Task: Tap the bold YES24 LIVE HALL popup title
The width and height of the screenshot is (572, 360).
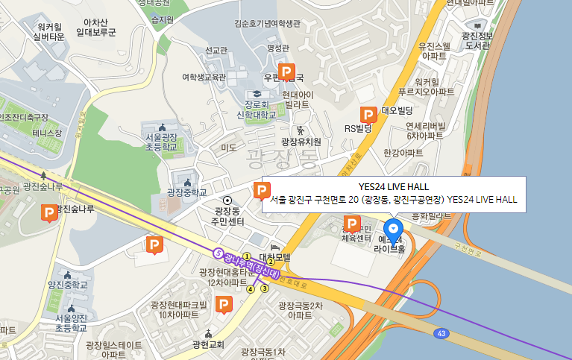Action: tap(393, 186)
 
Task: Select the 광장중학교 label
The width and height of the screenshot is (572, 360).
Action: tap(186, 192)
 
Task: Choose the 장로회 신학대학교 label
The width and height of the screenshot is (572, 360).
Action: tap(256, 110)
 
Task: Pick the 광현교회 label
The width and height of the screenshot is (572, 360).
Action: tap(208, 344)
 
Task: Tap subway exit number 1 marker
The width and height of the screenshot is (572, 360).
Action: tap(247, 256)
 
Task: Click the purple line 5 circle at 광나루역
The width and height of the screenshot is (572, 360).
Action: tap(218, 253)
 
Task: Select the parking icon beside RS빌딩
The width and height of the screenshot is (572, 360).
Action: tap(368, 114)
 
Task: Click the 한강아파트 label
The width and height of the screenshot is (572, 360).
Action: tap(403, 152)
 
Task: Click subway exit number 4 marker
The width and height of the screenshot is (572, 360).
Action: tap(251, 289)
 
